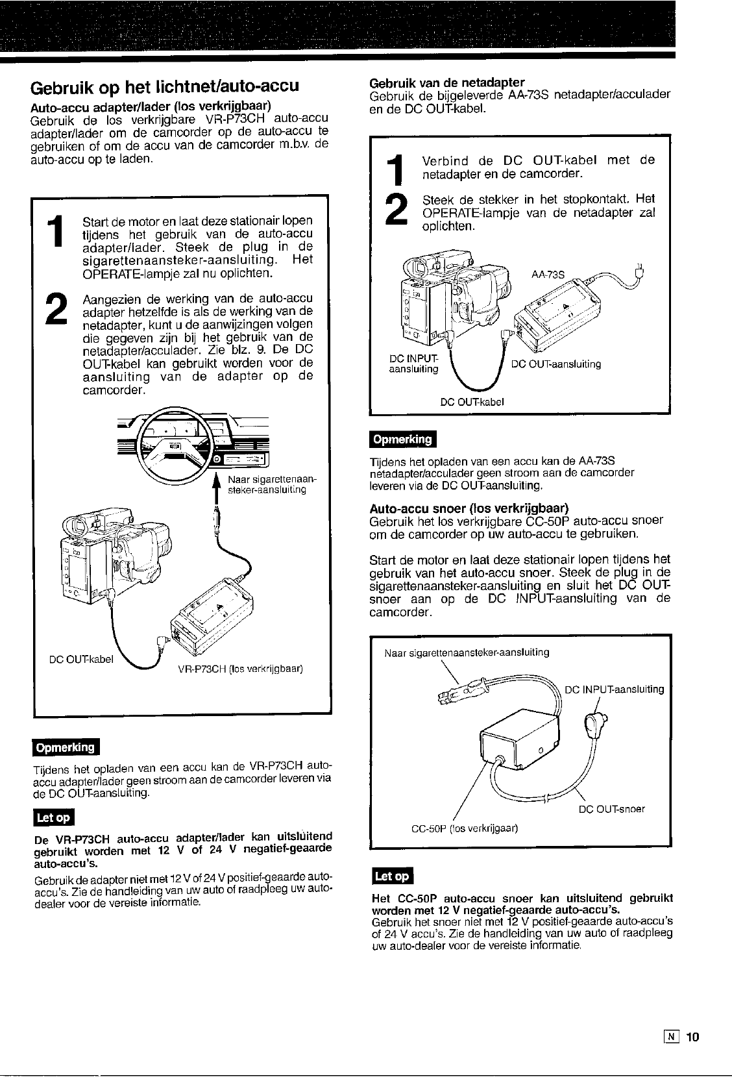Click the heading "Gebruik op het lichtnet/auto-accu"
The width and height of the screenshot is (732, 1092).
(165, 87)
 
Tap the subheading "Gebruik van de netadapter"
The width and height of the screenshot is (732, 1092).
(446, 82)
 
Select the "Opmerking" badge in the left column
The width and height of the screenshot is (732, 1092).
(66, 747)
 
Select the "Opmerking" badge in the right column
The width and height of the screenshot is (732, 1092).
(402, 440)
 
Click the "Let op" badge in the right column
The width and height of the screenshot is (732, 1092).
(392, 876)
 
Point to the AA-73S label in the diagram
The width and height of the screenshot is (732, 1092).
(548, 274)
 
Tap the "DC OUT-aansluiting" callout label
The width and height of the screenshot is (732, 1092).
(556, 364)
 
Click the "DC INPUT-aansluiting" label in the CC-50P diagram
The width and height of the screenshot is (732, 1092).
(615, 689)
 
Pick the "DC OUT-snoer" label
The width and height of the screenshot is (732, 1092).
(611, 809)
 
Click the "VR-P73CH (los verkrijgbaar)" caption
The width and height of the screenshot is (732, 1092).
(240, 669)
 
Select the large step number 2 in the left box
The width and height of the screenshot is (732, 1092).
(58, 310)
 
